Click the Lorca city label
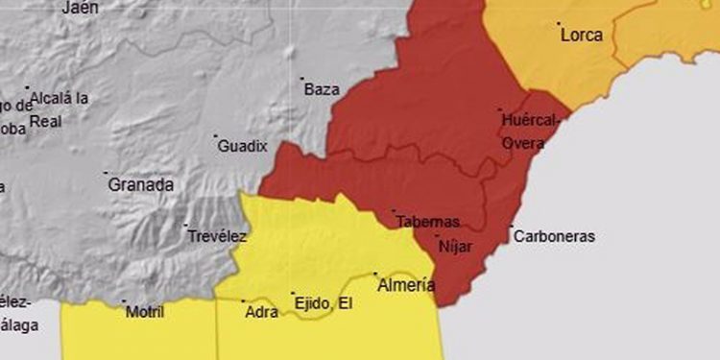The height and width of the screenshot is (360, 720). coord(582,36)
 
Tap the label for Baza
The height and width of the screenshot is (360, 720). coord(322,90)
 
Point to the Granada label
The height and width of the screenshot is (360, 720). coord(140,184)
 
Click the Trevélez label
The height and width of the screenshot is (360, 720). coord(218,236)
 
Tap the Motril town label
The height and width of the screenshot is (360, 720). coord(145,312)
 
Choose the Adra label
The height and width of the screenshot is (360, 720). coord(261,312)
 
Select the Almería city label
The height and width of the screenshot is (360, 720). coord(406,285)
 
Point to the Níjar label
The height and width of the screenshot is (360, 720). coord(454,246)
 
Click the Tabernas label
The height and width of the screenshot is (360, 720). coord(429,222)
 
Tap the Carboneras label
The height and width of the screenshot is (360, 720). coord(554,236)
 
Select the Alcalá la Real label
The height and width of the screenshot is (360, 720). coord(59,109)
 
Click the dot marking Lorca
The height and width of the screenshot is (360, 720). coord(558,24)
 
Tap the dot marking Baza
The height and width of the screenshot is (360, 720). coord(302,79)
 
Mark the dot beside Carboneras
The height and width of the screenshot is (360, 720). coord(512,228)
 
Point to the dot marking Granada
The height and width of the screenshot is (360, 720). coord(106,174)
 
